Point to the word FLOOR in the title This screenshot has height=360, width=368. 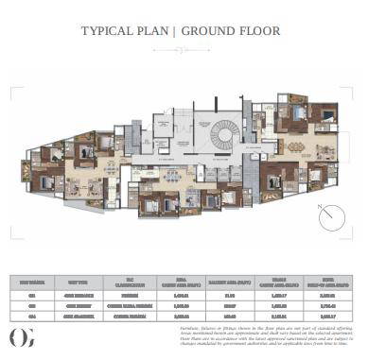pyautogui.click(x=262, y=31)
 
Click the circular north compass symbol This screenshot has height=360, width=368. pyautogui.click(x=329, y=218)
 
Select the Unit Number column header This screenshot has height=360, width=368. pyautogui.click(x=33, y=281)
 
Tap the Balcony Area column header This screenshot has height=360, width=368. pyautogui.click(x=235, y=281)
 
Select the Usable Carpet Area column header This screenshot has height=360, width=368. pyautogui.click(x=285, y=281)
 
